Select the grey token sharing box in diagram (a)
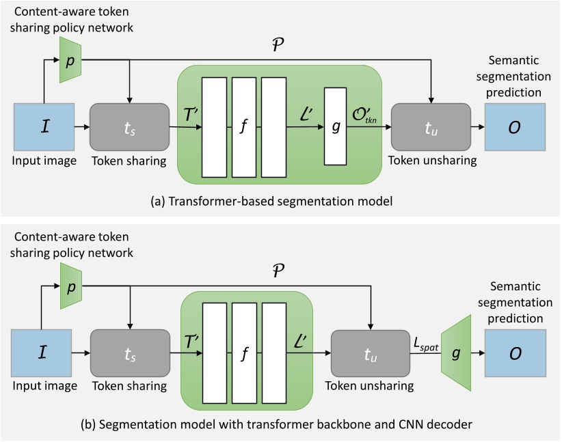(x=129, y=126)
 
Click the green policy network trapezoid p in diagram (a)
(x=70, y=60)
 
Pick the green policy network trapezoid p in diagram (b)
(x=70, y=286)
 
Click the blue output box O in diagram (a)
(x=515, y=126)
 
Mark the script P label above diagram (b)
(x=277, y=271)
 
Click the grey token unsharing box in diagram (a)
(x=431, y=126)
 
